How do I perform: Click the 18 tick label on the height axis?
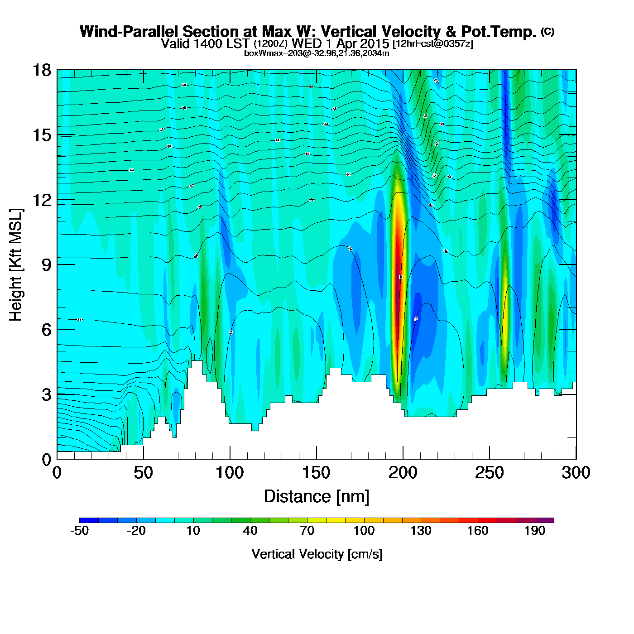tap(41, 70)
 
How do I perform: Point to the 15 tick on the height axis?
tap(41, 135)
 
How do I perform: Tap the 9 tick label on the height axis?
tap(46, 265)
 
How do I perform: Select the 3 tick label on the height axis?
tap(46, 395)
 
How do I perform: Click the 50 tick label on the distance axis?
tap(143, 473)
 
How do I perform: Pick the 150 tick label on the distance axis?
tap(316, 473)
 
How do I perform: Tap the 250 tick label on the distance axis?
tap(489, 473)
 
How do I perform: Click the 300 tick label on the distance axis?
tap(576, 473)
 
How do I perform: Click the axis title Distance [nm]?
tap(317, 497)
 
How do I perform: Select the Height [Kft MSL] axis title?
tap(16, 265)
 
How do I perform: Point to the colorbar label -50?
tap(79, 531)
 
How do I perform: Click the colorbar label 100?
tap(364, 531)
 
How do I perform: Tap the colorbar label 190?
tap(535, 531)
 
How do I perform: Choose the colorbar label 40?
tap(250, 531)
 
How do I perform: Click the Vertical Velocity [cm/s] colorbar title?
tap(317, 554)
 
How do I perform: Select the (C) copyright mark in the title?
tap(548, 31)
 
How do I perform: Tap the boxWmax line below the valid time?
tap(317, 53)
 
